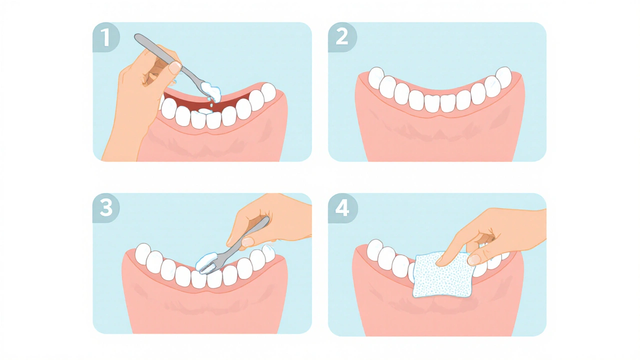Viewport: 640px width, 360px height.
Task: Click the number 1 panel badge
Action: point(106,37)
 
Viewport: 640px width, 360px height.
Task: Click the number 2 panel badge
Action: point(342,37)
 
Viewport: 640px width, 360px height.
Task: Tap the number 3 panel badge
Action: point(106,207)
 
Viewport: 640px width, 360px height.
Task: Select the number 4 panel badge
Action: point(342,208)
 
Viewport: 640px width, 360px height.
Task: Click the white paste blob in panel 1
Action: point(211,91)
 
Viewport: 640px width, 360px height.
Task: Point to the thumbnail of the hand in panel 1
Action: point(174,68)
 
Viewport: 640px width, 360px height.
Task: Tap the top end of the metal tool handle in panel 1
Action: point(136,36)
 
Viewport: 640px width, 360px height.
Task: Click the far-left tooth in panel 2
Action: point(376,77)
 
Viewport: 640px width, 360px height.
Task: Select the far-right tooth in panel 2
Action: point(503,77)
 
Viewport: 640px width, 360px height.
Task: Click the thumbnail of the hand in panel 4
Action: point(473,259)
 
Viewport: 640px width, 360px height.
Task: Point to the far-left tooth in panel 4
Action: point(374,249)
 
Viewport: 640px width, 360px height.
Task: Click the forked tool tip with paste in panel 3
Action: point(205,264)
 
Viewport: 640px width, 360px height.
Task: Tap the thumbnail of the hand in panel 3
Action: point(247,241)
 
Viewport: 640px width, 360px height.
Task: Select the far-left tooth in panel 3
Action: point(143,253)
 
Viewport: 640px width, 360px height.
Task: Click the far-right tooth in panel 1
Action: point(268,92)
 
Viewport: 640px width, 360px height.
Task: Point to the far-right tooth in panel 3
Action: point(268,253)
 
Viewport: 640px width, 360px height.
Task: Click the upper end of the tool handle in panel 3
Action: point(266,219)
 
